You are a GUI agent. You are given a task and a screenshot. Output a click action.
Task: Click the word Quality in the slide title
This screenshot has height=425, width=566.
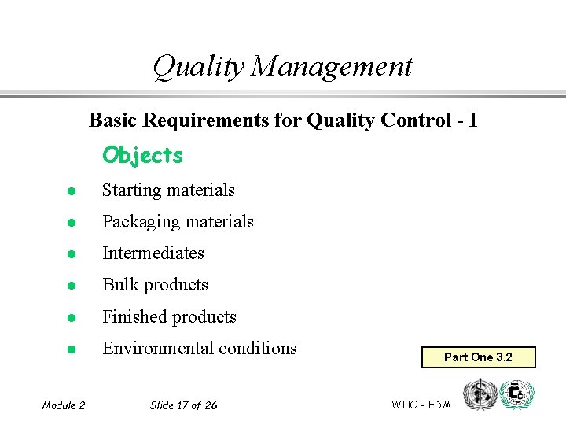[x=199, y=66]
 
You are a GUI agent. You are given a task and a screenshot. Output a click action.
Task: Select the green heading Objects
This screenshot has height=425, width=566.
[x=142, y=155]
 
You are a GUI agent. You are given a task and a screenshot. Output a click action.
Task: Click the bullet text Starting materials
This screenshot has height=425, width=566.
[x=168, y=190]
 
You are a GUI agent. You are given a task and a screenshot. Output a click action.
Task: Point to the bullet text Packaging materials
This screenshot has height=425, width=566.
[x=178, y=222]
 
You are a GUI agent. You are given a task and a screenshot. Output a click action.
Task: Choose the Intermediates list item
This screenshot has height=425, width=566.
[x=153, y=253]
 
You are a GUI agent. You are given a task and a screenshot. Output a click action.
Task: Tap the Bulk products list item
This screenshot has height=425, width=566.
[x=155, y=285]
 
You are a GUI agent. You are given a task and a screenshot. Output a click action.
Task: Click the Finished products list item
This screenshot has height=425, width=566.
[x=169, y=317]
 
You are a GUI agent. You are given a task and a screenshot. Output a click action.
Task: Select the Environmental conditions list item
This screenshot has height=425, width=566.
[x=200, y=349]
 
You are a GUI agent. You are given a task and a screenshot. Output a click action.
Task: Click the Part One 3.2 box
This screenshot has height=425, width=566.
[x=478, y=357]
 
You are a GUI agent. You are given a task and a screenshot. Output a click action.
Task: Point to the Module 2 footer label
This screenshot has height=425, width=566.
[x=64, y=405]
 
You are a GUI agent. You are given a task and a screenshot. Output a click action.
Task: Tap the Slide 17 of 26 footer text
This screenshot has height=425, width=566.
[x=183, y=405]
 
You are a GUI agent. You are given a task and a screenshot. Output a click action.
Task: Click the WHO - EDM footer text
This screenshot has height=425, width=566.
[x=421, y=405]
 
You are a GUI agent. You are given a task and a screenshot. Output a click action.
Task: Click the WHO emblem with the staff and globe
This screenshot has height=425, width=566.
[x=478, y=394]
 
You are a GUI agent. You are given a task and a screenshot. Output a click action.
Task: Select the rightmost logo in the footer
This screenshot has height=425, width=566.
[x=516, y=394]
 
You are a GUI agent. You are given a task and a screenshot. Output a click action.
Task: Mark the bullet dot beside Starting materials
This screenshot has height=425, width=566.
[x=70, y=191]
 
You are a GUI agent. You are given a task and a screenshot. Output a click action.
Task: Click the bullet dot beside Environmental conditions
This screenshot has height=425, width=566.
[x=70, y=349]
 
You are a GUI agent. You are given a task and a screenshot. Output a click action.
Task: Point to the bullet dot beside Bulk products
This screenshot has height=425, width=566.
[x=70, y=286]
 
